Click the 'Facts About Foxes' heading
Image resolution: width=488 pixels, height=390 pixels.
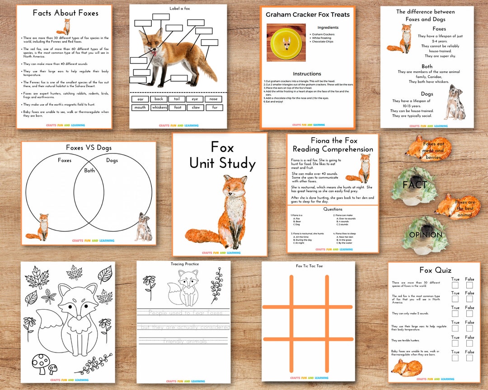point(65,13)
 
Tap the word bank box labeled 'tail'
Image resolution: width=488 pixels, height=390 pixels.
point(177,99)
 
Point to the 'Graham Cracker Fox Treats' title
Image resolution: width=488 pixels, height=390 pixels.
point(307,15)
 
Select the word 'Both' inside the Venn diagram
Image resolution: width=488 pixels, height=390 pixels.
point(90,171)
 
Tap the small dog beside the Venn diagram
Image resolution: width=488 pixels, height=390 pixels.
point(143,227)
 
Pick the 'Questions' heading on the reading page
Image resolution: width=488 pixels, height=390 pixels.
point(333,209)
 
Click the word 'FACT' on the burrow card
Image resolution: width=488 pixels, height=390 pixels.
point(415,185)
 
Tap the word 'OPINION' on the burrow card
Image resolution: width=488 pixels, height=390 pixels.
point(426,235)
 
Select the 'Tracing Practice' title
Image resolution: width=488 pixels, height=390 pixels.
point(184,264)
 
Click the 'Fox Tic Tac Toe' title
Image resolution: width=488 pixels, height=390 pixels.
point(309,266)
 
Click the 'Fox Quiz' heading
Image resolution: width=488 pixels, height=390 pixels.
point(435,270)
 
